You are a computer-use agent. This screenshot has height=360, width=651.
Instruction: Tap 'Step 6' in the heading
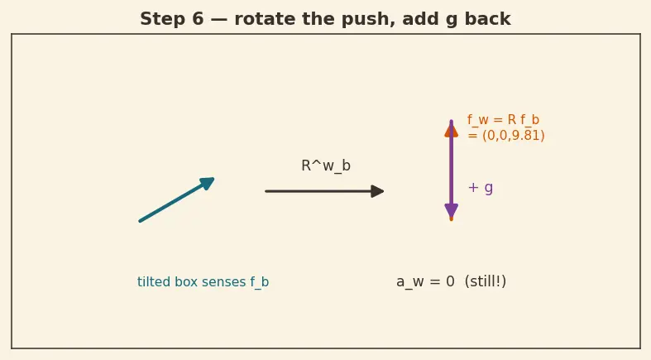tap(172, 19)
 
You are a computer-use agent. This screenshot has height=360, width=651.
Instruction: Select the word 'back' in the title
tap(487, 19)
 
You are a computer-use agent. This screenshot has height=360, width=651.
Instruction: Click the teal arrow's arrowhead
tap(208, 183)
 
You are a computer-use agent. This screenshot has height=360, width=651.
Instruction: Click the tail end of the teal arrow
tap(140, 221)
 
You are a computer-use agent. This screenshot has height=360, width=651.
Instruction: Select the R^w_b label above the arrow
tap(326, 166)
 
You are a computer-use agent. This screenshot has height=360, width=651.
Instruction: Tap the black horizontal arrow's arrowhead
tap(377, 191)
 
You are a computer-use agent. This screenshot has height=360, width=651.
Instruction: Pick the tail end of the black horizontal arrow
tap(266, 191)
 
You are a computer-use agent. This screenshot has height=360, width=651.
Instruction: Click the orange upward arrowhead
tap(452, 130)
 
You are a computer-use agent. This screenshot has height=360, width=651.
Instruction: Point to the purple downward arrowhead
tap(452, 211)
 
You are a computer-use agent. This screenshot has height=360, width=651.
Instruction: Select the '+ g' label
tap(481, 188)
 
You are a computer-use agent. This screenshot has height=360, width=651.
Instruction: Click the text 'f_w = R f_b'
tap(503, 120)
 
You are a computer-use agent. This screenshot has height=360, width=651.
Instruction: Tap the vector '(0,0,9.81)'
tap(513, 136)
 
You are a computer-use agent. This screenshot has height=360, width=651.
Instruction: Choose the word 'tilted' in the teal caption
tap(154, 282)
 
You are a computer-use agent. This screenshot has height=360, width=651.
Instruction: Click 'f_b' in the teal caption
tap(260, 282)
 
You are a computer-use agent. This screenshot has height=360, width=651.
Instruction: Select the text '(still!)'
tap(486, 281)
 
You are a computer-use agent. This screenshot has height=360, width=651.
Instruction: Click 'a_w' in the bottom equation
tap(410, 282)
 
